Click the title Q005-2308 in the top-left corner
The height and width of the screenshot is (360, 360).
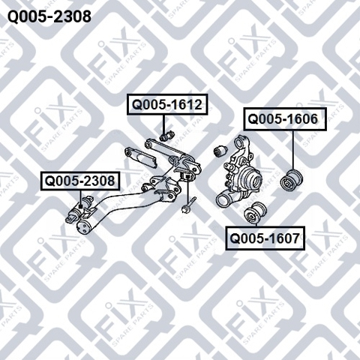[49, 16]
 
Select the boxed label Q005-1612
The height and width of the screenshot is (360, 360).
[167, 104]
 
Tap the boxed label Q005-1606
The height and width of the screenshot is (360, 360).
[285, 119]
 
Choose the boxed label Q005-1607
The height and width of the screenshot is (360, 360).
[265, 238]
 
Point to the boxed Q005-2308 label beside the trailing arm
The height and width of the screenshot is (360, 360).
[80, 181]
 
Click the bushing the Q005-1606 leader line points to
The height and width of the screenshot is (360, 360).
[291, 180]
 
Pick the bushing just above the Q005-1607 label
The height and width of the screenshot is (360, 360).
[254, 213]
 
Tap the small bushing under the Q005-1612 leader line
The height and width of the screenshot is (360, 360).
[166, 136]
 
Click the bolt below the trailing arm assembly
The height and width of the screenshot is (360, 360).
[189, 205]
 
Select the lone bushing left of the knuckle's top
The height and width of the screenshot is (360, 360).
[220, 151]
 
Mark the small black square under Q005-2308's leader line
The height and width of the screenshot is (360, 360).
[80, 206]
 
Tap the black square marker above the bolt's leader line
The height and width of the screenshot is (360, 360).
[187, 177]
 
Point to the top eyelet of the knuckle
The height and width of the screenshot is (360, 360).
[241, 142]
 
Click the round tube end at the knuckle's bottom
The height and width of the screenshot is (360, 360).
[222, 200]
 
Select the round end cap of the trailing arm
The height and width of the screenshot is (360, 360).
[82, 227]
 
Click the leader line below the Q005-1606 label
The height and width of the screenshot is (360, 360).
[292, 150]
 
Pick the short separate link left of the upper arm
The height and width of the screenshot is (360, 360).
[140, 158]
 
